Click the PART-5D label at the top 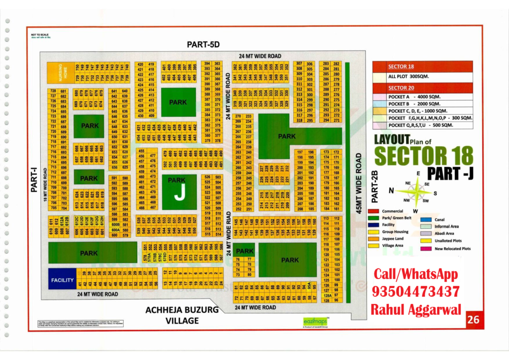pos(203,45)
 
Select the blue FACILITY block pos(63,280)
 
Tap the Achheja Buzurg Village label pos(182,315)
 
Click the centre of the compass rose pos(417,189)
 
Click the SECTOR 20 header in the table pos(401,88)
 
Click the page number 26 pos(474,320)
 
